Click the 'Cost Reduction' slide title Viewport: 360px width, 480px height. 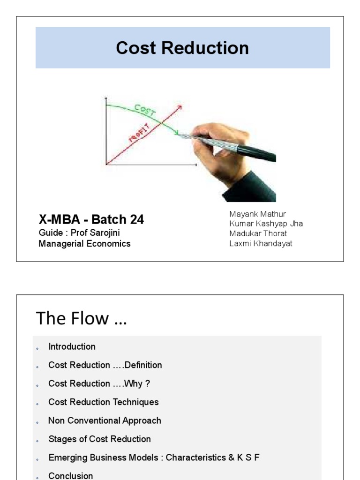(x=182, y=48)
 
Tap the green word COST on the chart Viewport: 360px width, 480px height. (x=145, y=111)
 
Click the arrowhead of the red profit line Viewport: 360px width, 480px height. (x=180, y=107)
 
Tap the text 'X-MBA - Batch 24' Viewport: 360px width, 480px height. (x=91, y=219)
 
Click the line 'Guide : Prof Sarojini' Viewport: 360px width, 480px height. (x=82, y=232)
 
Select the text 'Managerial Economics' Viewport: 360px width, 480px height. (x=84, y=244)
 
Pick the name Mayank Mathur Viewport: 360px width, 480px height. (x=257, y=214)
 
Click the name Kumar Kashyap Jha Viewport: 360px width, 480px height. (x=266, y=224)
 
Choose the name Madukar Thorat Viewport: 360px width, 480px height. (x=258, y=233)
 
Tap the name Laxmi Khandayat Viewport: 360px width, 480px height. (x=261, y=243)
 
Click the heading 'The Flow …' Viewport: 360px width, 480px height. (x=81, y=319)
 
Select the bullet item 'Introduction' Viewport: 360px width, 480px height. (x=72, y=347)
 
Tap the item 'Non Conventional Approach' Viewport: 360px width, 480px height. (x=105, y=420)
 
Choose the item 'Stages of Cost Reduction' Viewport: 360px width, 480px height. (x=99, y=439)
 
